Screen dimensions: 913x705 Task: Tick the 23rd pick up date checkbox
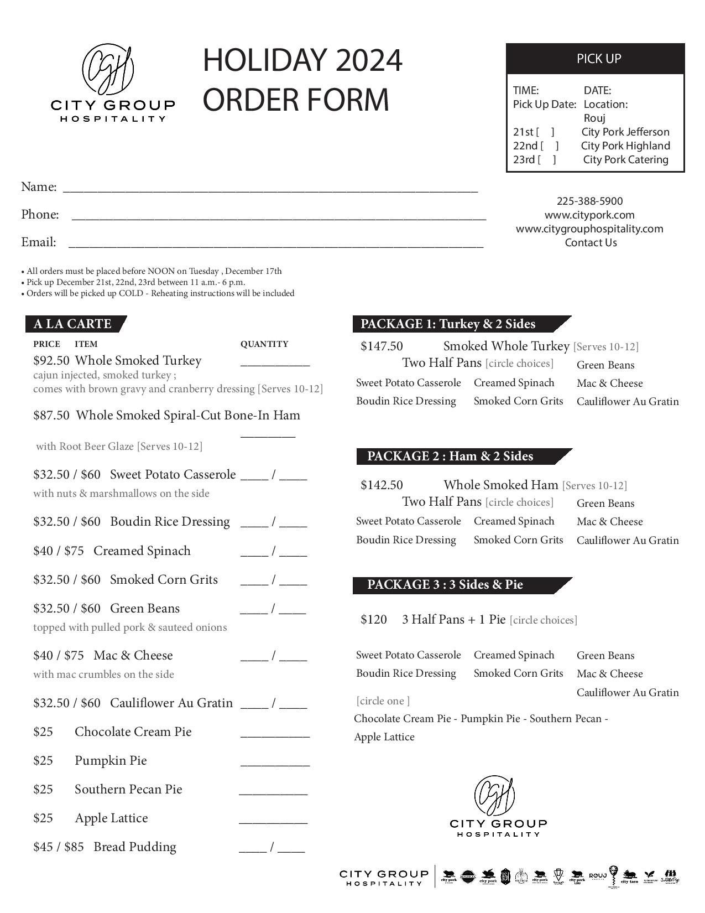tap(546, 160)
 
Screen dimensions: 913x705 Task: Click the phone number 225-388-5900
tap(589, 201)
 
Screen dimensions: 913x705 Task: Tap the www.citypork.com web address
tap(589, 215)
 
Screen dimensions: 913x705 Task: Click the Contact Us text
tap(591, 243)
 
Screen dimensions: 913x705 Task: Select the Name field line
tap(270, 190)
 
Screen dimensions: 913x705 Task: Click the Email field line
tap(275, 245)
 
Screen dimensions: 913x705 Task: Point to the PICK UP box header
tap(596, 59)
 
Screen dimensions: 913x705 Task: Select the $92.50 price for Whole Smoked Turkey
tap(51, 361)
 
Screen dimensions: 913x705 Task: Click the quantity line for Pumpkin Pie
tap(275, 764)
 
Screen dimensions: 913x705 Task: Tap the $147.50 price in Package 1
tap(382, 346)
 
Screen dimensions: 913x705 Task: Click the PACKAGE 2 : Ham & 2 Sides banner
tap(450, 456)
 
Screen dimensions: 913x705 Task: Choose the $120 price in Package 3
tap(374, 620)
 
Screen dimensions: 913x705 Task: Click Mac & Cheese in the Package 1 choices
tap(609, 383)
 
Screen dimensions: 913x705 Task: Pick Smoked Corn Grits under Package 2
tap(518, 540)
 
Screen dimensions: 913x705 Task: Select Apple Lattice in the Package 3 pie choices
tap(384, 737)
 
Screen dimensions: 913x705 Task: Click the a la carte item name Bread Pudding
tap(135, 847)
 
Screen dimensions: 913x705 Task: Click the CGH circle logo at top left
tap(108, 70)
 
